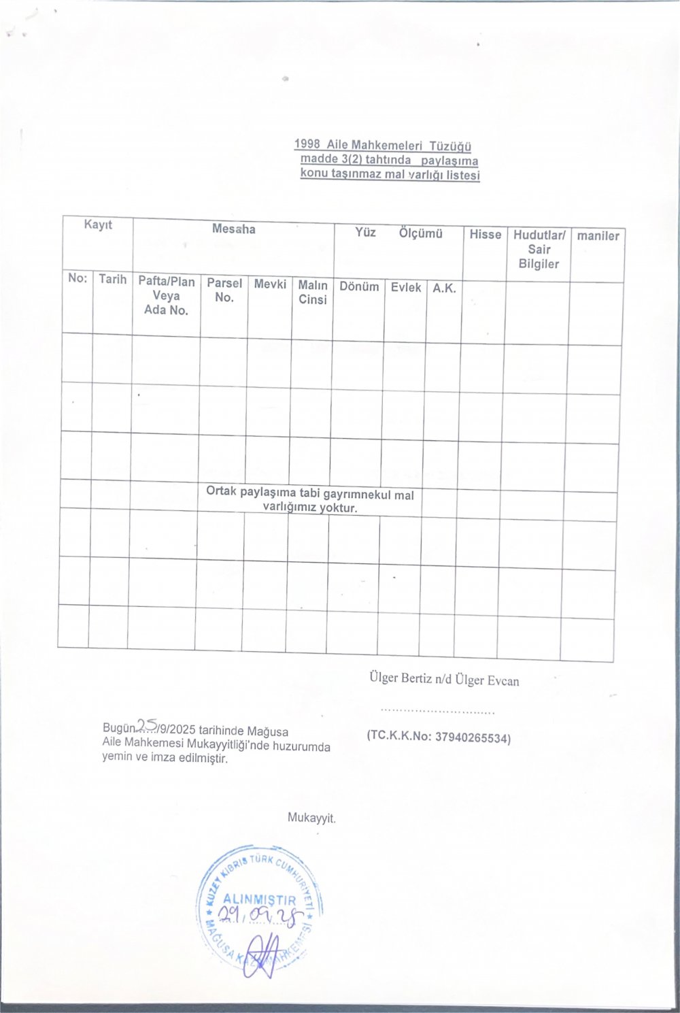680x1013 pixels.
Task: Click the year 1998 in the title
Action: pos(307,144)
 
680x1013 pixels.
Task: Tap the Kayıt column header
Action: pos(98,225)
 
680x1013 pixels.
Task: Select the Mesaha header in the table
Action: pos(233,229)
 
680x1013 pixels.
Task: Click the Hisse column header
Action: pos(485,235)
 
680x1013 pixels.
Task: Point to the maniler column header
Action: pos(598,236)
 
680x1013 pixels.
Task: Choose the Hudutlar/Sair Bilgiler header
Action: pos(539,250)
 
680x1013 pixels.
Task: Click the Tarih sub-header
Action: pos(112,279)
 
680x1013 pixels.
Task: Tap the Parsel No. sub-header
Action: pos(224,290)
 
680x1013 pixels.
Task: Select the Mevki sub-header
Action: pos(270,284)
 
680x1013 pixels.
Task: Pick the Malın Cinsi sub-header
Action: pos(312,292)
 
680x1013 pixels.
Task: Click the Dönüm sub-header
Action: pos(359,286)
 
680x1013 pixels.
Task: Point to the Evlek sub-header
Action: pos(405,287)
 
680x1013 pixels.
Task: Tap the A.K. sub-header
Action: pos(444,288)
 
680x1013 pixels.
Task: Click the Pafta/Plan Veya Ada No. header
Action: pos(166,296)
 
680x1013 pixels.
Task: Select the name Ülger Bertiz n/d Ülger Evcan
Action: pos(444,679)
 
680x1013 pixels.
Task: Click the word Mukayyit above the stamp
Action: pos(311,818)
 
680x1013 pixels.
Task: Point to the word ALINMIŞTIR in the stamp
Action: pos(260,900)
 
